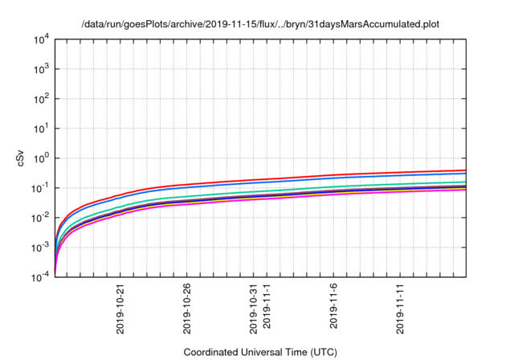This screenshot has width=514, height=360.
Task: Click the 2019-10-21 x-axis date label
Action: click(x=120, y=307)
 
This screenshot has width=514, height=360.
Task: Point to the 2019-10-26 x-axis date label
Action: click(x=188, y=307)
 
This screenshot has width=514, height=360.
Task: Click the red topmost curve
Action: click(x=321, y=175)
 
